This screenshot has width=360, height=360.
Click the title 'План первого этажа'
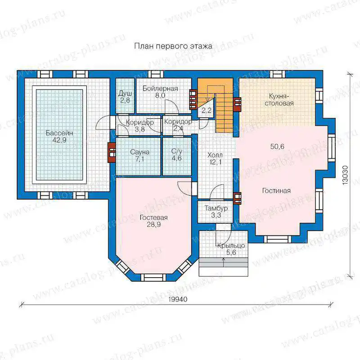point(173,46)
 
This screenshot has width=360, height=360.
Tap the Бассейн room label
point(59,133)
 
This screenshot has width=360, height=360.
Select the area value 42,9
point(59,140)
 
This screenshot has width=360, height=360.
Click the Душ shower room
point(125,95)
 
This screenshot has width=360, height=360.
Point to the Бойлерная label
point(160,89)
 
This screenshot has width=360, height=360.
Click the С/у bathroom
point(177,156)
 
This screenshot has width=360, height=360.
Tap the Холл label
point(215,155)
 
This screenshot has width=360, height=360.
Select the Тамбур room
point(216,211)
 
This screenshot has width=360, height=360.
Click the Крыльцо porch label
point(231,246)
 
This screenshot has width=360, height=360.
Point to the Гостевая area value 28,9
point(153,225)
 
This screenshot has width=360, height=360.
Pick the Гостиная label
point(276,191)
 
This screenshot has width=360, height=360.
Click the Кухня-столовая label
point(279,99)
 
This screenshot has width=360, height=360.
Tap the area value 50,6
point(277,147)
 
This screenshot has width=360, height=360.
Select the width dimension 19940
point(178,299)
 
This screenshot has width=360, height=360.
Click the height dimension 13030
point(345,175)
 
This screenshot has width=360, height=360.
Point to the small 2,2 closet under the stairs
point(207,110)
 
